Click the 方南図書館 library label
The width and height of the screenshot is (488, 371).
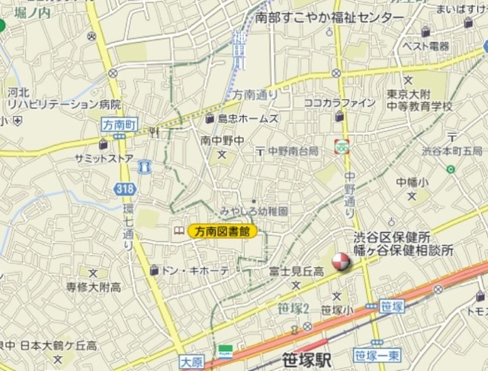(223, 231)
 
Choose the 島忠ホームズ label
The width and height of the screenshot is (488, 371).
(247, 118)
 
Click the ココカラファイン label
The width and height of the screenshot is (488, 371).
(339, 103)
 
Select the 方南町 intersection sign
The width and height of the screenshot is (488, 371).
(117, 122)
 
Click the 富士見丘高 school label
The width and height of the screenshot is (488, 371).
(297, 271)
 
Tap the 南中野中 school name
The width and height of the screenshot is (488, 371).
(223, 140)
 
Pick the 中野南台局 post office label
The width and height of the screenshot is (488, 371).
(293, 151)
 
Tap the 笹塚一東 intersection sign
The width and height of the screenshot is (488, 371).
(377, 355)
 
